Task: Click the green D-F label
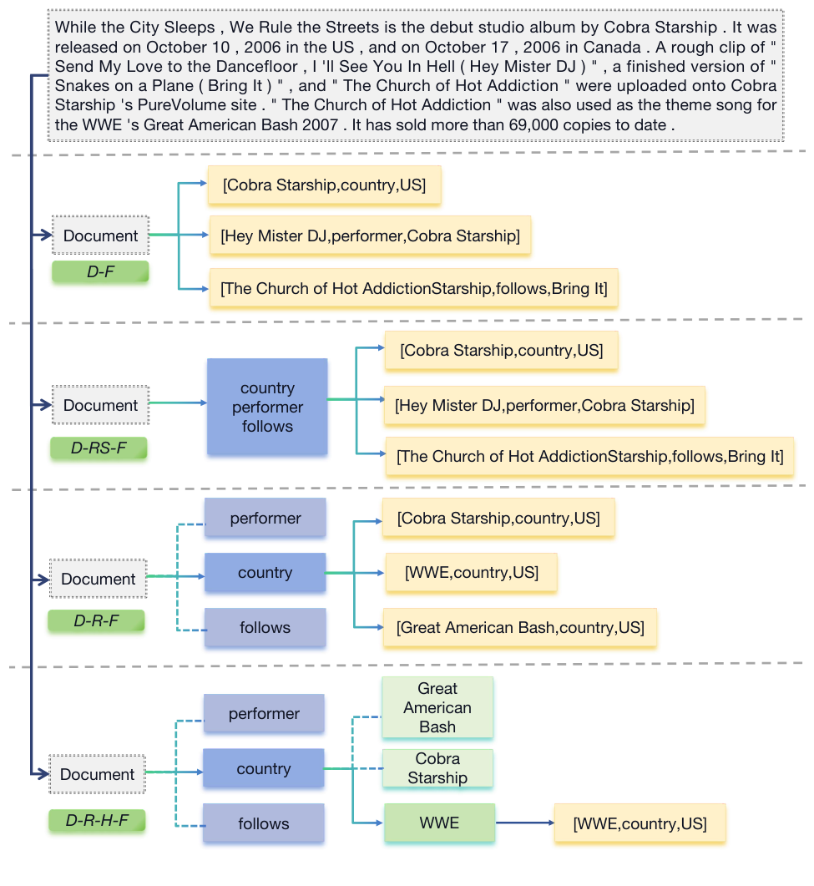tap(100, 271)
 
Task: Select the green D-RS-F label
tap(99, 448)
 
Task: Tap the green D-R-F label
tap(97, 620)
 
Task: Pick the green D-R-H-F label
tap(97, 820)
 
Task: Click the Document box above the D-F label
tap(100, 235)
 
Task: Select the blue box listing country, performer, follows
tap(267, 407)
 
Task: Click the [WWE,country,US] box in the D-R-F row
tap(471, 573)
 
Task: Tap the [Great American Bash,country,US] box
tap(520, 627)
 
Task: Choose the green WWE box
tap(439, 823)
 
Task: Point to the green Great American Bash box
tap(437, 707)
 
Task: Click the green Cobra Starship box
tap(437, 768)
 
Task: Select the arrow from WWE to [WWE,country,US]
tap(525, 823)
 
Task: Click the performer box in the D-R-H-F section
tap(264, 714)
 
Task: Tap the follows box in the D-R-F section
tap(265, 627)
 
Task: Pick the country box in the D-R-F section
tap(265, 573)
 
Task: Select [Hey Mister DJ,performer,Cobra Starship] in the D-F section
tap(370, 236)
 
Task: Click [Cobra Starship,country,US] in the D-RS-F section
tap(501, 351)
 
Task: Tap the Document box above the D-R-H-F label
tap(97, 774)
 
